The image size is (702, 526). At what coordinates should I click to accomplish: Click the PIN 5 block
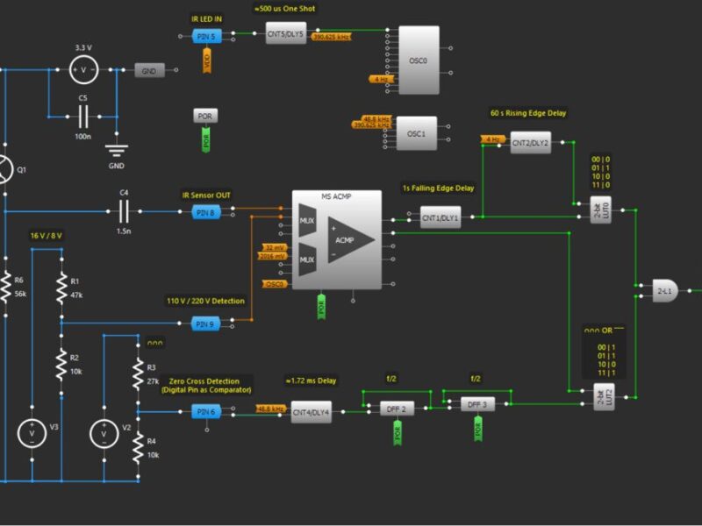click(x=204, y=36)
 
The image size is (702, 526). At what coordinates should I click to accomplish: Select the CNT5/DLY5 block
click(x=286, y=35)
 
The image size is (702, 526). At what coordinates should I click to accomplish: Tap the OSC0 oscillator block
click(x=419, y=60)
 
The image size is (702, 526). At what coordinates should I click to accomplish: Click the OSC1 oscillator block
click(x=416, y=133)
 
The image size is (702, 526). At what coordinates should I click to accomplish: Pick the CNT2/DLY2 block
click(x=530, y=143)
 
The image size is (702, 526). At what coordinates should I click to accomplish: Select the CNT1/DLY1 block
click(x=440, y=217)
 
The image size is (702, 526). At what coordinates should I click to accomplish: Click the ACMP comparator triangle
click(x=350, y=239)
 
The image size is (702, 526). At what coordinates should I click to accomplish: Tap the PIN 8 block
click(x=204, y=212)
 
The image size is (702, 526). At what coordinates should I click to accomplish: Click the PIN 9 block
click(x=204, y=323)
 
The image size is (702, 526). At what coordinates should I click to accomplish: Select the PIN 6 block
click(x=204, y=411)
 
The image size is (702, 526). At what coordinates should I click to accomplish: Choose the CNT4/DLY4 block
click(x=312, y=411)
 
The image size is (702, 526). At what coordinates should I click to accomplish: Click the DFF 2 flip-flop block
click(x=398, y=409)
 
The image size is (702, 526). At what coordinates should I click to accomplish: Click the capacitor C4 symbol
click(x=124, y=211)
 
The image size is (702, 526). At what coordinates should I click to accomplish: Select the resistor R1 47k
click(x=61, y=286)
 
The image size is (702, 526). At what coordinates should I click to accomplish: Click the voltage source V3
click(x=32, y=431)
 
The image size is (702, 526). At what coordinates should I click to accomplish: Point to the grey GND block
click(x=149, y=70)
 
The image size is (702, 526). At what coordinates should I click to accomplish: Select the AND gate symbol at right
click(x=664, y=290)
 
